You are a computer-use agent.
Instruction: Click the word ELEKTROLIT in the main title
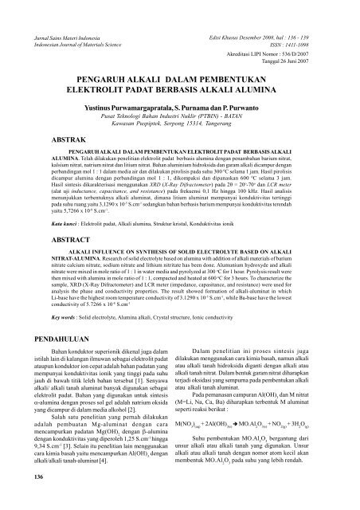click(110, 92)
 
